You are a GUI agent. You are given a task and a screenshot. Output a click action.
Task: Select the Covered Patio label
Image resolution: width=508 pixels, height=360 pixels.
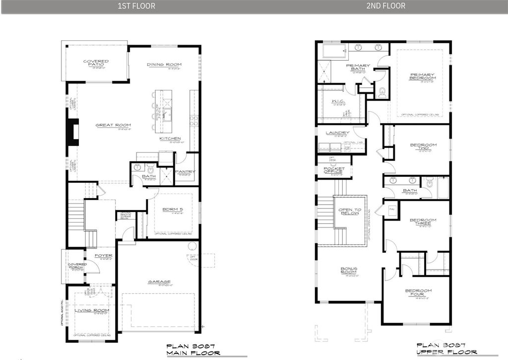tap(96, 63)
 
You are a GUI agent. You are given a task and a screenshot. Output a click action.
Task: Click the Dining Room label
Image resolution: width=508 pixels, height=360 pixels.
tap(164, 65)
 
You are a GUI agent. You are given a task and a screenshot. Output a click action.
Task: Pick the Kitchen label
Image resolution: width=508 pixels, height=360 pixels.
tap(170, 139)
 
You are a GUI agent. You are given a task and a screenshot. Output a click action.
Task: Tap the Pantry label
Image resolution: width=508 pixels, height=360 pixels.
tap(186, 172)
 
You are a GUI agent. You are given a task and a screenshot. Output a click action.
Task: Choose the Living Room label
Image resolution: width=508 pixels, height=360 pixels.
tap(92, 311)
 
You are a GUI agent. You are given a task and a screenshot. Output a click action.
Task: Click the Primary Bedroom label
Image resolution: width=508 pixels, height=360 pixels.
tap(423, 76)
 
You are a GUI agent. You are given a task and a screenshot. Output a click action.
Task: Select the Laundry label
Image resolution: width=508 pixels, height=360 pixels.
tap(337, 133)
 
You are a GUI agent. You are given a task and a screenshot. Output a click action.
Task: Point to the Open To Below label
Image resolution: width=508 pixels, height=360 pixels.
tap(350, 211)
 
